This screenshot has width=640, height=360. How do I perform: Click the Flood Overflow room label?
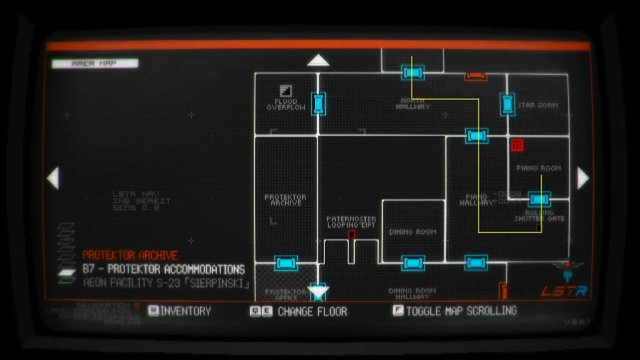click(x=286, y=104)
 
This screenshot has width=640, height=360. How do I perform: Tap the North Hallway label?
click(x=412, y=103)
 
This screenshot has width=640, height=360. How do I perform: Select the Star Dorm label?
click(x=537, y=105)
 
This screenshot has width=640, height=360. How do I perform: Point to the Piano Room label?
click(x=538, y=168)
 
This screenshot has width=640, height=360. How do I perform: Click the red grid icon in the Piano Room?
click(x=517, y=145)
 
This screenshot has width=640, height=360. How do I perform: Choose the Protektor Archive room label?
click(x=285, y=200)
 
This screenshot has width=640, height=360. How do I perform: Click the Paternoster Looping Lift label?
click(x=351, y=222)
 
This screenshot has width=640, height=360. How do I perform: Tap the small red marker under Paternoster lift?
click(x=351, y=235)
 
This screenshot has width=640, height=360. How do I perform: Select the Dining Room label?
click(x=412, y=232)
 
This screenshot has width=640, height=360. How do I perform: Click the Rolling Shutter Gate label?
click(x=539, y=216)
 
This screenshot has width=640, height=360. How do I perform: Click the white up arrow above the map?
click(x=318, y=61)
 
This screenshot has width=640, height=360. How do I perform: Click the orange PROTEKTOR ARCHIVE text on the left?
click(x=130, y=255)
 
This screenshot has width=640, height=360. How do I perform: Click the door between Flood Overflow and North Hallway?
click(x=319, y=103)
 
